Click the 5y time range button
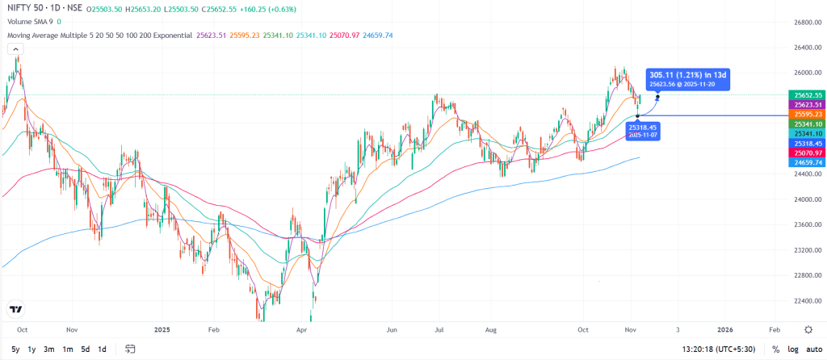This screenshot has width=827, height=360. click(x=14, y=350)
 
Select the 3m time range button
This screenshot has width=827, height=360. click(x=49, y=350)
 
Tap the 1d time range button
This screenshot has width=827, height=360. click(x=102, y=350)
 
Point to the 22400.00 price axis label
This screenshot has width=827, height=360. click(x=807, y=301)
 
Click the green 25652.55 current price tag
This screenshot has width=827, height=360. click(x=807, y=95)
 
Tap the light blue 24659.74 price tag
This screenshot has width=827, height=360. click(x=807, y=162)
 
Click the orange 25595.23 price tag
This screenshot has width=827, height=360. click(x=807, y=115)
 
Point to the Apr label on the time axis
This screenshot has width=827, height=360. click(x=302, y=329)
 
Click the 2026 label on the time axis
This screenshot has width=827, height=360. click(x=725, y=329)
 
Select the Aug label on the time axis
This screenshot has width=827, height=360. click(x=489, y=329)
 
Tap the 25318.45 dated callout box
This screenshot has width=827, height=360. click(x=644, y=131)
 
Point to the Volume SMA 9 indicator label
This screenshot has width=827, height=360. click(x=30, y=22)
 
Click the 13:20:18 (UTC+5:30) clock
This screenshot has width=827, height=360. click(x=718, y=350)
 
